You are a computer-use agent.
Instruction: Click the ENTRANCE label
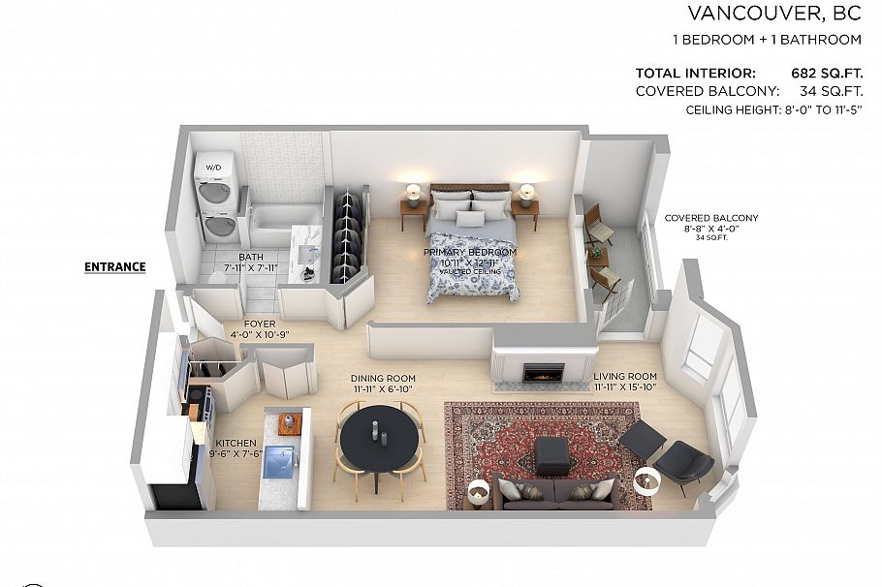(114, 267)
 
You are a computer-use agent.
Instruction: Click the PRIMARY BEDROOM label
(470, 252)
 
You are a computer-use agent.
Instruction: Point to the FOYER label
(260, 324)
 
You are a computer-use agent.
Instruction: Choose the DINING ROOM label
(383, 378)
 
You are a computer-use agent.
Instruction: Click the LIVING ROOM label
(625, 376)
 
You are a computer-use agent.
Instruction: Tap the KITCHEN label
(236, 443)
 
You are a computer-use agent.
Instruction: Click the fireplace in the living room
(542, 371)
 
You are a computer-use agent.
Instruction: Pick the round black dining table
(381, 433)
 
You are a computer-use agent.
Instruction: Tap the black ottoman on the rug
(552, 454)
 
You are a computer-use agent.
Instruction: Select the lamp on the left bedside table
(414, 193)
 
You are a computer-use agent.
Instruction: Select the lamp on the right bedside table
(526, 193)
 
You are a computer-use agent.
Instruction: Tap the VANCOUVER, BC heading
(773, 13)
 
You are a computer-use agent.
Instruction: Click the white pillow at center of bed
(470, 219)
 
